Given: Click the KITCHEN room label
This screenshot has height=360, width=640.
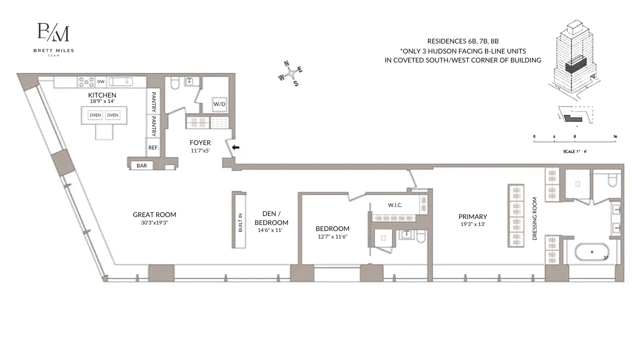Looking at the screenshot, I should [x=102, y=95].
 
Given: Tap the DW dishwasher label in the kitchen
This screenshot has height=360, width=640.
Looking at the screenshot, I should [x=101, y=81].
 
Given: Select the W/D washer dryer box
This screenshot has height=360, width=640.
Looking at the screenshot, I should [x=219, y=104].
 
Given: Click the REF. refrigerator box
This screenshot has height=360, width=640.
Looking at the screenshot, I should [x=153, y=147].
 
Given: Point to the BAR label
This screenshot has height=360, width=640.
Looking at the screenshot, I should [x=142, y=165].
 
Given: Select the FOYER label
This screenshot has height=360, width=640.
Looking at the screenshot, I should [x=200, y=142].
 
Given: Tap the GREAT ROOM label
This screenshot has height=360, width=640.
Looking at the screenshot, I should [x=154, y=214].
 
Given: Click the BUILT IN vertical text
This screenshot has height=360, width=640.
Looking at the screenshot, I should [x=240, y=222].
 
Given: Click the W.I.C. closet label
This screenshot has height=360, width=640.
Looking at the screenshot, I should [x=395, y=205].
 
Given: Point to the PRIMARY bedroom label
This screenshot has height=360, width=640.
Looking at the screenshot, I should [x=472, y=216].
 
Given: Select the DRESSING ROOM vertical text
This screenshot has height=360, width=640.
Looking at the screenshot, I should [x=534, y=218].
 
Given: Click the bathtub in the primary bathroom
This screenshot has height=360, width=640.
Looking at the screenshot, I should [x=591, y=251].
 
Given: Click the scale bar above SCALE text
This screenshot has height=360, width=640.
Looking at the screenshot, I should [x=574, y=140].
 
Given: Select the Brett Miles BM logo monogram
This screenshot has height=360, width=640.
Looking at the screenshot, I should [x=53, y=32].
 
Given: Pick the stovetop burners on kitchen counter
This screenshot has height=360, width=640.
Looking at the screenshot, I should [x=86, y=81].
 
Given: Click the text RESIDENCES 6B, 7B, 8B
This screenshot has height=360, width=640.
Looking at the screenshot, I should [x=463, y=41].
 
